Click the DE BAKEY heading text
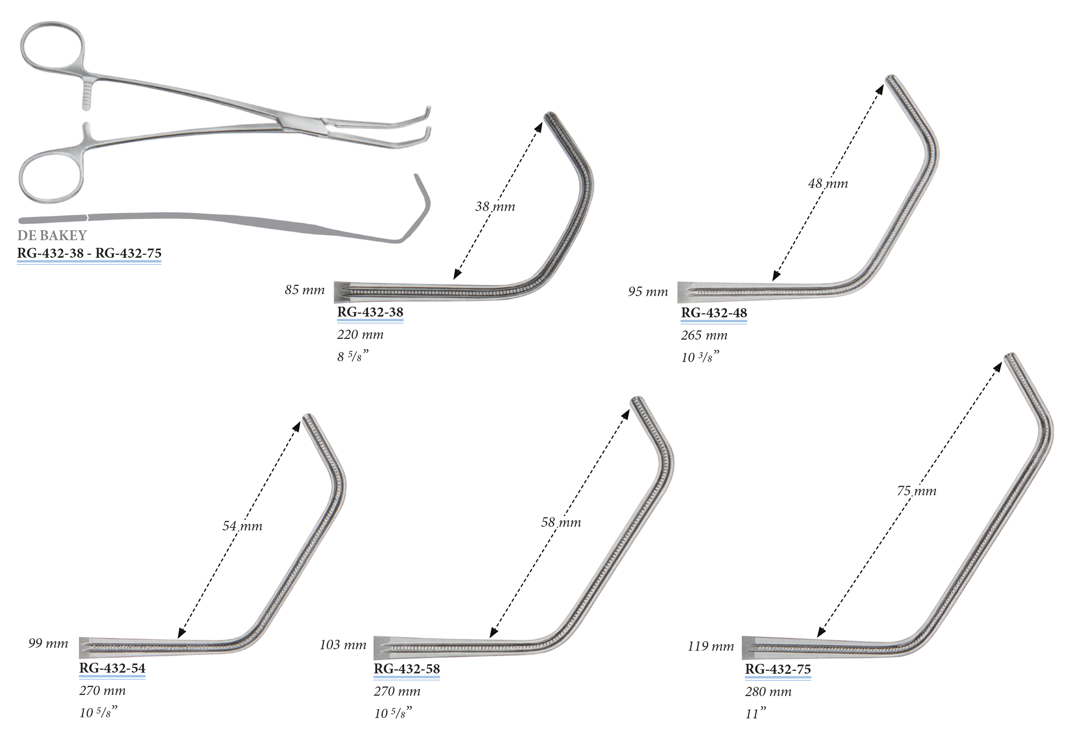[52, 235]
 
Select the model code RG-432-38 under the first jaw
[370, 312]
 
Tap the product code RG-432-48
[714, 313]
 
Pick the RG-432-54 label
[113, 668]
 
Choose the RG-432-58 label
[407, 669]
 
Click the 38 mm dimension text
[495, 206]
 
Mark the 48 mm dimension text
[828, 184]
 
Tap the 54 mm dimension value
[242, 526]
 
